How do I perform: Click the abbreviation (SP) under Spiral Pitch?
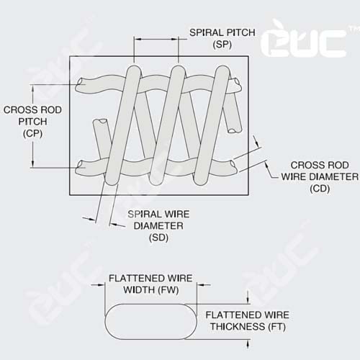pyautogui.click(x=222, y=45)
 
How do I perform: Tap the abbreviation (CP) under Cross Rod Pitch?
pyautogui.click(x=32, y=133)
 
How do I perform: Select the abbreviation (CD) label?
pyautogui.click(x=320, y=189)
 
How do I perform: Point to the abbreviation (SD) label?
pyautogui.click(x=158, y=238)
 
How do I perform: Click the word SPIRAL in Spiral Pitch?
pyautogui.click(x=204, y=32)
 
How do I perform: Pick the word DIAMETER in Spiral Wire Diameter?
pyautogui.click(x=158, y=225)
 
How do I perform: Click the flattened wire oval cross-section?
pyautogui.click(x=150, y=321)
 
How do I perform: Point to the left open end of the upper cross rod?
pyautogui.click(x=79, y=84)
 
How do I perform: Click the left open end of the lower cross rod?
pyautogui.click(x=79, y=165)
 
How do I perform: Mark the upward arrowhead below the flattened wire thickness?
pyautogui.click(x=248, y=343)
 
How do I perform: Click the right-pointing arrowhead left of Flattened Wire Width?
pyautogui.click(x=102, y=285)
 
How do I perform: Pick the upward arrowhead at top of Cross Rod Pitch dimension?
pyautogui.click(x=33, y=88)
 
